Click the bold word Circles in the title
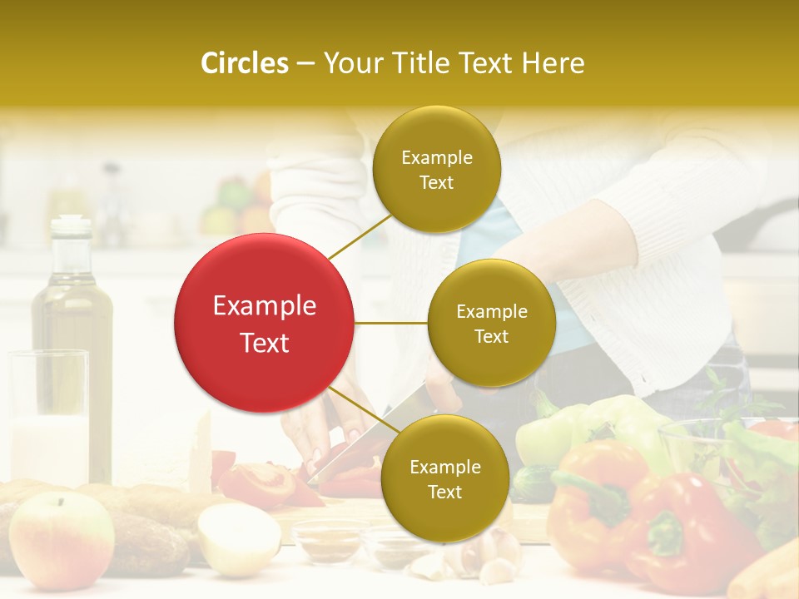tap(244, 63)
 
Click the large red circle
tap(264, 324)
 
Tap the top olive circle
tap(437, 169)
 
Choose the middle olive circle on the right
tap(491, 323)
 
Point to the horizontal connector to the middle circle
tap(390, 323)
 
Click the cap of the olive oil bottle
tap(72, 225)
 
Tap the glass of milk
tap(48, 416)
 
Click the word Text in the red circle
tap(264, 343)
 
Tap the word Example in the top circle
tap(437, 157)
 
